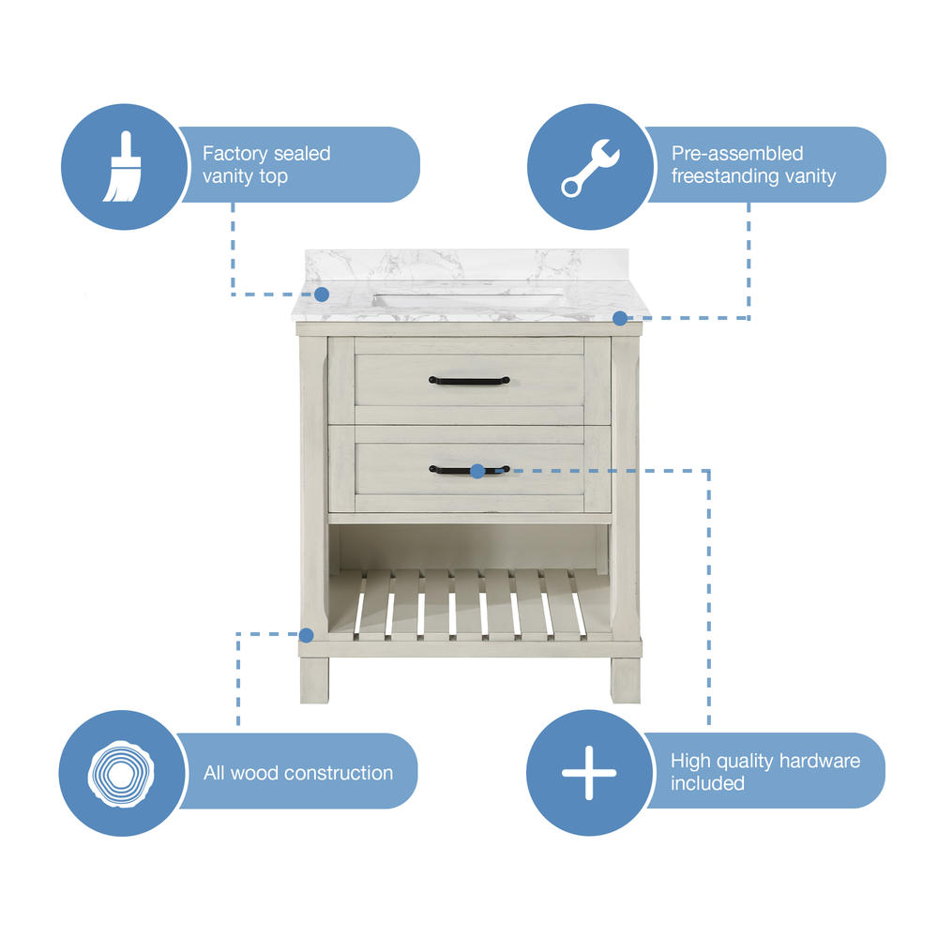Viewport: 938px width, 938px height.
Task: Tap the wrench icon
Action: pos(590,168)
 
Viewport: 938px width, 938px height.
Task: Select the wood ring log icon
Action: pos(121,774)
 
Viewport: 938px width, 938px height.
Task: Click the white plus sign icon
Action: pos(589,773)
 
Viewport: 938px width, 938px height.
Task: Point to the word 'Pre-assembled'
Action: pos(737,154)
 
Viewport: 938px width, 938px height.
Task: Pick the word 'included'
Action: pos(707,783)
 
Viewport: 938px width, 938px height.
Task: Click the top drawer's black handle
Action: pos(469,381)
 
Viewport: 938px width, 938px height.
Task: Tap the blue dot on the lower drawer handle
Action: pos(477,472)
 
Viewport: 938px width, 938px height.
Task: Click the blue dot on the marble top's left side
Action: pos(322,295)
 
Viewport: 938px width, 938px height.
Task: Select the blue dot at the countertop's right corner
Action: pos(620,318)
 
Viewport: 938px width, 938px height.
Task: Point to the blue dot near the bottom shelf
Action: pos(307,635)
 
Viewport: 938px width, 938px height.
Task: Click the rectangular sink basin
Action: pos(468,298)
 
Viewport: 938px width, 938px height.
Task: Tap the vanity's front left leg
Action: pos(314,680)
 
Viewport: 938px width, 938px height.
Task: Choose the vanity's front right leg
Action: pos(626,680)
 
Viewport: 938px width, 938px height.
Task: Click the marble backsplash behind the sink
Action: pos(466,265)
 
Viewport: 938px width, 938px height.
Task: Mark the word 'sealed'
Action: pos(302,154)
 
